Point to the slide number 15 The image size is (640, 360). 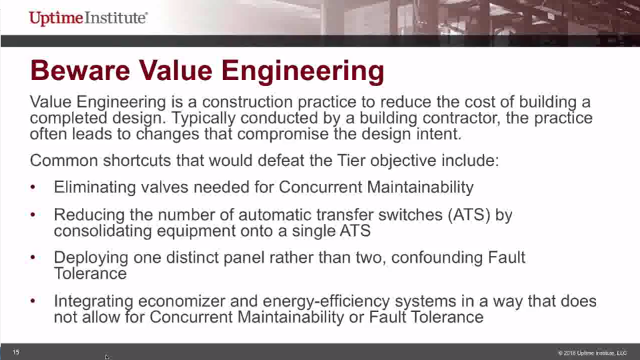16,352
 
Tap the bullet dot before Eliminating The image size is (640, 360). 35,187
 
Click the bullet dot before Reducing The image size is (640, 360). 35,214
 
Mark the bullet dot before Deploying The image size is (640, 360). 35,258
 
